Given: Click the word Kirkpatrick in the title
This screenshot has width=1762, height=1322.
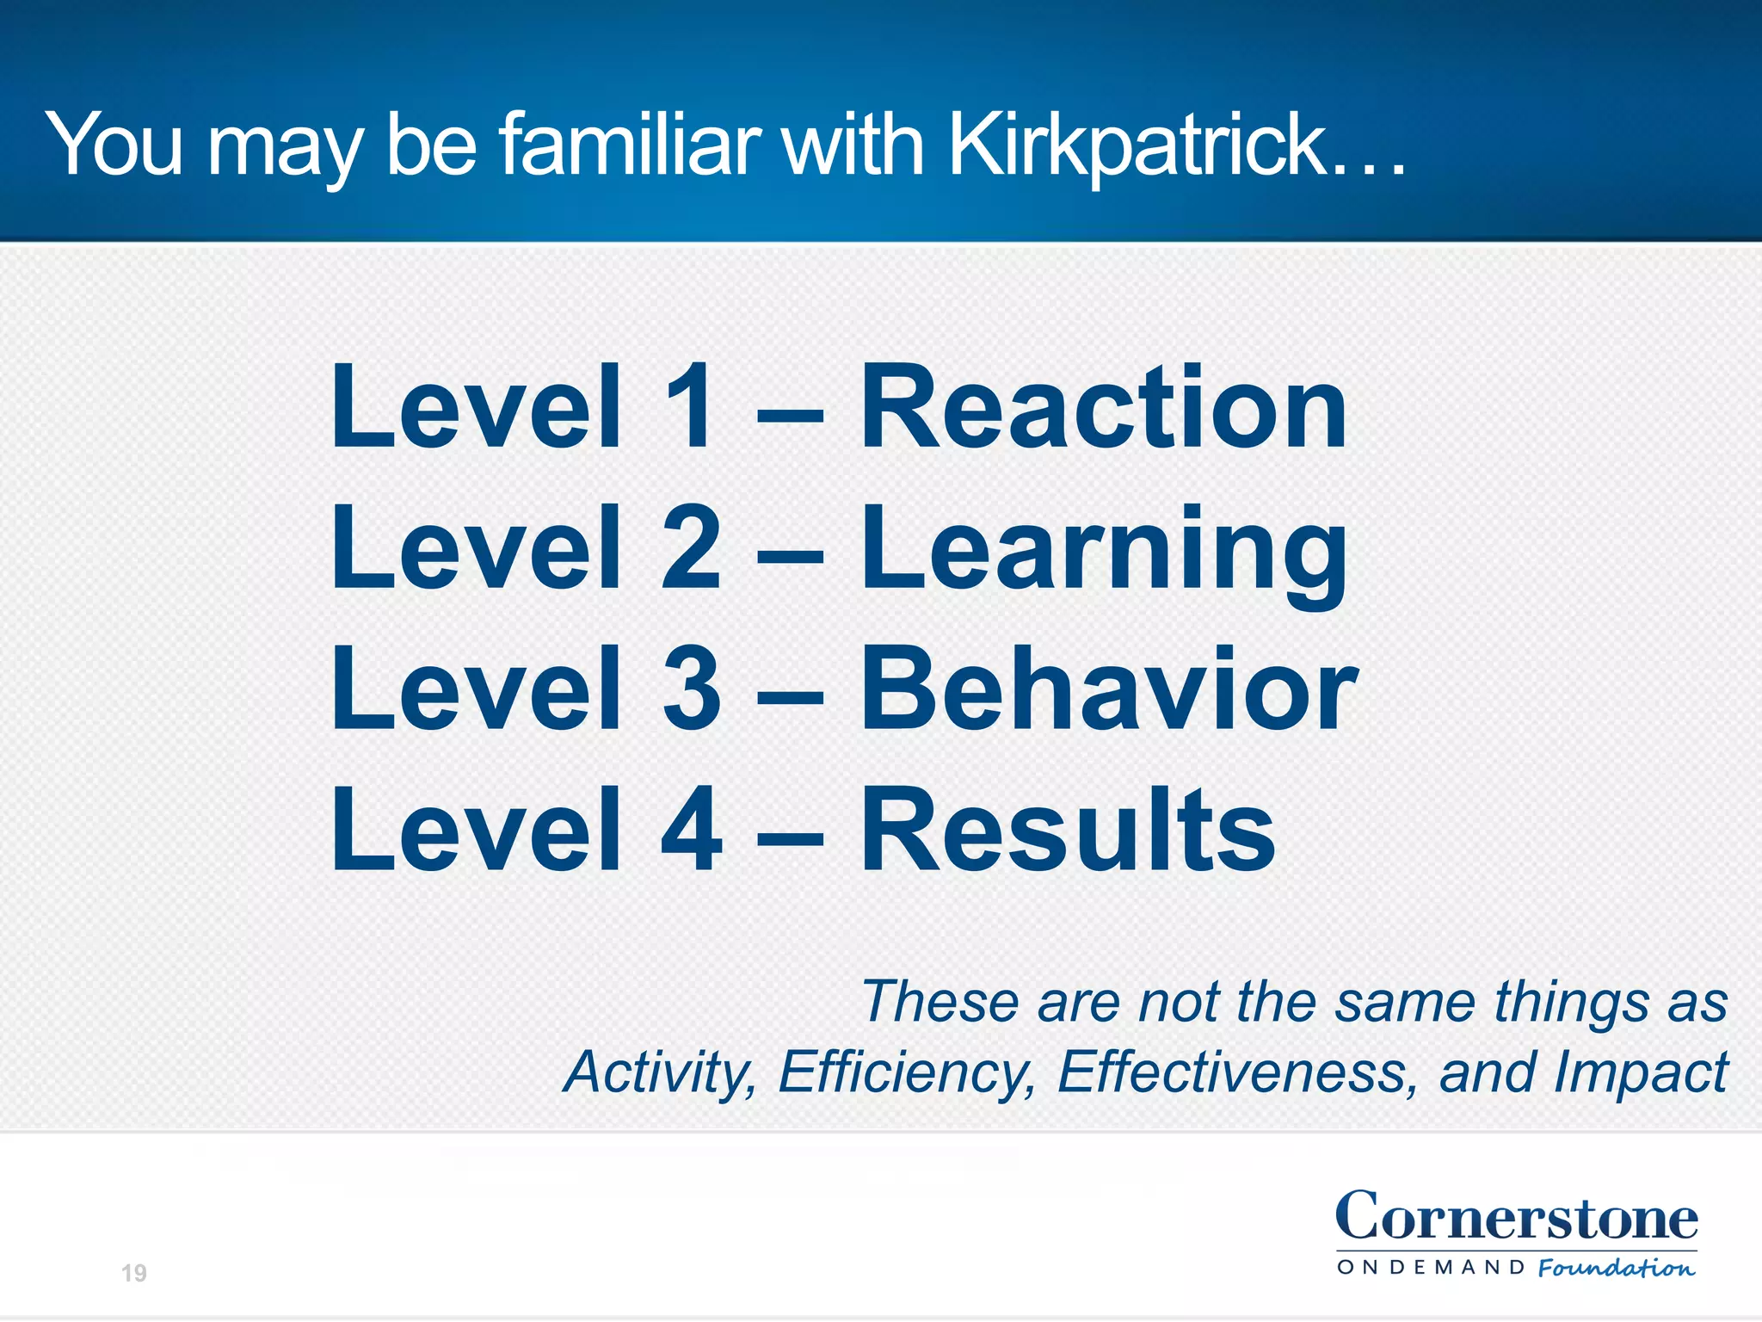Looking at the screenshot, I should pyautogui.click(x=1136, y=146).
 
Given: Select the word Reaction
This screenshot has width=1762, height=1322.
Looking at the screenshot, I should pyautogui.click(x=1103, y=408).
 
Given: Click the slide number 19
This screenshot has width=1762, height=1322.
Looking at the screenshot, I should pyautogui.click(x=134, y=1273).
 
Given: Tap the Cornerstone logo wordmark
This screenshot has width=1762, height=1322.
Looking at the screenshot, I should pyautogui.click(x=1516, y=1217).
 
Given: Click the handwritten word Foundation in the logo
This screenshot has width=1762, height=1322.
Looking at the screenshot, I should pyautogui.click(x=1616, y=1268).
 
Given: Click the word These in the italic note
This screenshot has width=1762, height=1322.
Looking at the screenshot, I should pyautogui.click(x=940, y=1002).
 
